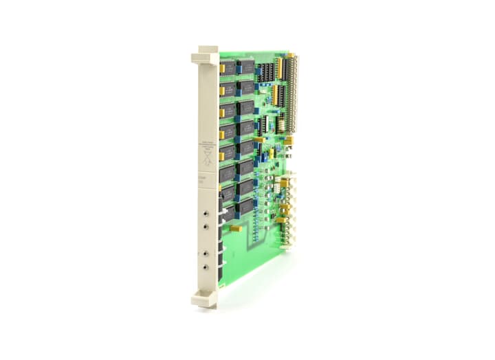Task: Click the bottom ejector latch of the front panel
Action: coord(205,298)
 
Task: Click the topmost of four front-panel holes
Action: coord(206,207)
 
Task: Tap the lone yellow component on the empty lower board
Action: coord(235,227)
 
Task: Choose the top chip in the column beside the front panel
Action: coord(228,67)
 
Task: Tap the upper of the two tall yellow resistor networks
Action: coord(278,67)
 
